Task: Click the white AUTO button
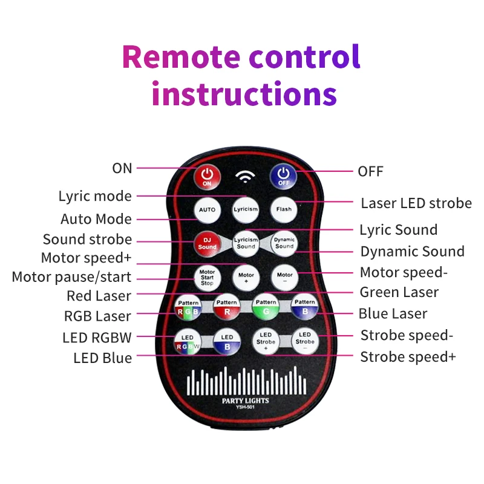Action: tap(208, 209)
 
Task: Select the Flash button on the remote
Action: tap(284, 209)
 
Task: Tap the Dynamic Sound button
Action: tap(284, 243)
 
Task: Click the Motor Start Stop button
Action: tap(208, 278)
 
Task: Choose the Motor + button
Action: tap(246, 278)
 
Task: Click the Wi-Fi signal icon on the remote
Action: tap(246, 177)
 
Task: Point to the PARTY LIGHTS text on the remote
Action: tap(245, 401)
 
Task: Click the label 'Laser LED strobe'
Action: tap(416, 203)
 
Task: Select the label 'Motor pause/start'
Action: tap(71, 278)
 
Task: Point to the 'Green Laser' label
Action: tap(399, 293)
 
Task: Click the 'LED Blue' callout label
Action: tap(102, 358)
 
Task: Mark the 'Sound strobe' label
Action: tap(87, 240)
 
